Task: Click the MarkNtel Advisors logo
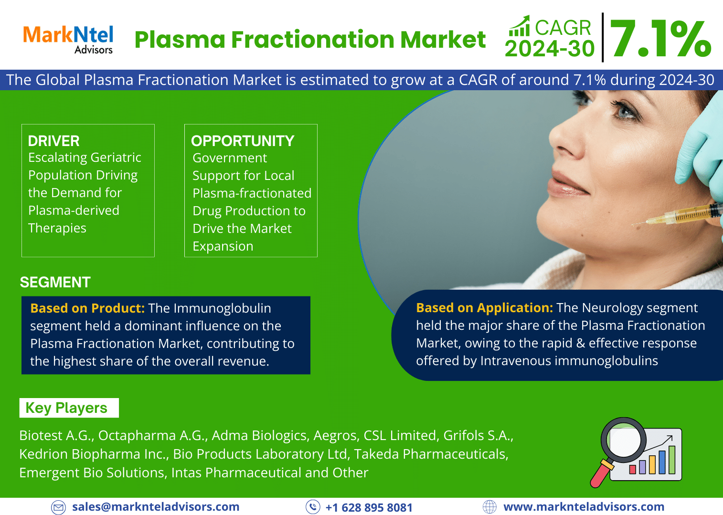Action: [x=68, y=39]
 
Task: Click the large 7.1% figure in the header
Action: [x=660, y=39]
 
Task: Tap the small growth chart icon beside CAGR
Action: [x=520, y=26]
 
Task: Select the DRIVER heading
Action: [x=53, y=141]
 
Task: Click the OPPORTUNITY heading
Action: [x=243, y=141]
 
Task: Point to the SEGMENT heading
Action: [x=55, y=282]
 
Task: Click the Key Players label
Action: [x=66, y=408]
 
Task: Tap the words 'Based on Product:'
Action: [x=87, y=308]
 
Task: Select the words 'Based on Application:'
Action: [x=484, y=308]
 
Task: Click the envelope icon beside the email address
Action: [x=58, y=507]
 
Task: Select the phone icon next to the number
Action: [x=313, y=507]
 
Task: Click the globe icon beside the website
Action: [x=489, y=507]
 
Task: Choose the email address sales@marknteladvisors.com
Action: [x=156, y=507]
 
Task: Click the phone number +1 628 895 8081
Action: [x=369, y=507]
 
